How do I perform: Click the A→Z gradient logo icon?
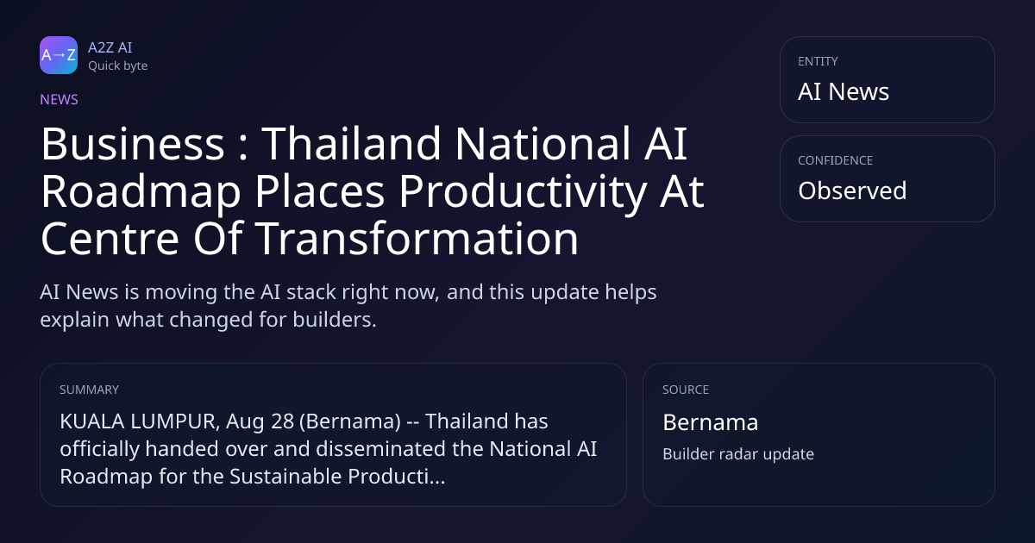point(59,55)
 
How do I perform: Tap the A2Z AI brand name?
point(110,47)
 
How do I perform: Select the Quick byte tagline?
point(118,66)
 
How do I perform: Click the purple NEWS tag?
point(60,100)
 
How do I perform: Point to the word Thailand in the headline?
point(351,144)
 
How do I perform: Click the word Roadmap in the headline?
point(141,191)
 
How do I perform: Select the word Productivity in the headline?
point(522,191)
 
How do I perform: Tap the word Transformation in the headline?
point(417,239)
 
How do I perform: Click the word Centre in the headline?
point(110,239)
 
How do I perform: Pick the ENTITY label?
point(818,61)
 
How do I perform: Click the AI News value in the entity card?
point(844,91)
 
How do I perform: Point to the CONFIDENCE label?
point(836,160)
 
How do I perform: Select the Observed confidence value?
point(852,190)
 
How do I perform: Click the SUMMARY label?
point(89,390)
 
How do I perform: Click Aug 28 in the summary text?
point(260,421)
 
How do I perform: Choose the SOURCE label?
point(686,390)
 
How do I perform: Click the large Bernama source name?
point(710,422)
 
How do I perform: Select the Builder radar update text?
point(738,454)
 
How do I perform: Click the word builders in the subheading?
point(335,320)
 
